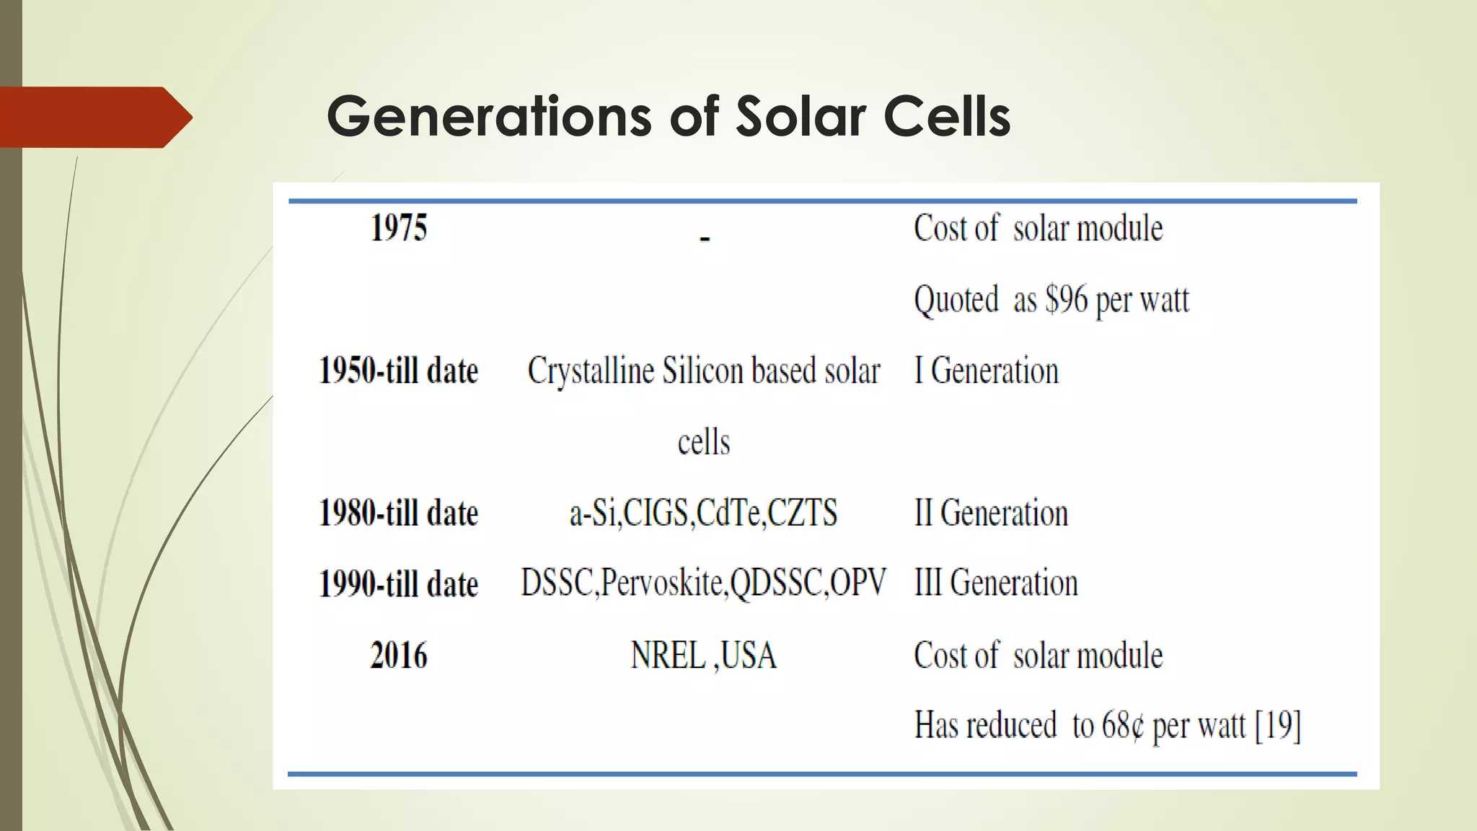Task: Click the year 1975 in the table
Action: [399, 228]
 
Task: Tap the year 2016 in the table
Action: [399, 656]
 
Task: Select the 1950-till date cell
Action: [399, 371]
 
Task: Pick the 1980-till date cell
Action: [399, 513]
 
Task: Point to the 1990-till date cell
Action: [399, 584]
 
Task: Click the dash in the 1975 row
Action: [705, 238]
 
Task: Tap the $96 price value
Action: [1067, 299]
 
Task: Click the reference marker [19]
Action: [1278, 726]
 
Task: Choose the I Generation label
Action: [987, 371]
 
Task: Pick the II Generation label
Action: [991, 513]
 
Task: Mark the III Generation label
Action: [996, 583]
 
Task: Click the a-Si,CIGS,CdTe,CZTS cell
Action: [703, 513]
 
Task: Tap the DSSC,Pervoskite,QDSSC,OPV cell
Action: [703, 583]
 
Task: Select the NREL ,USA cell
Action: [703, 656]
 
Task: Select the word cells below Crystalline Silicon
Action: [704, 442]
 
